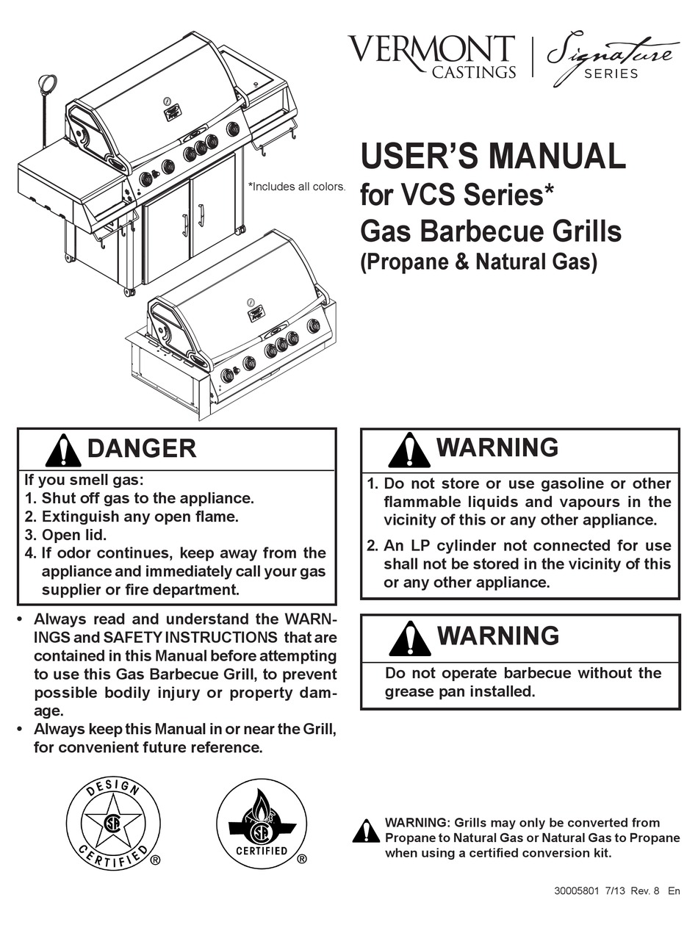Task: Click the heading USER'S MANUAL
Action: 492,156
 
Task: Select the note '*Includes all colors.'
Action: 297,187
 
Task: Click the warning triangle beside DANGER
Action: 63,450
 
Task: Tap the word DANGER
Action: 142,448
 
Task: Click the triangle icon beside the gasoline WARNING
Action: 409,450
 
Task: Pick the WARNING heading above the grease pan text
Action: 497,636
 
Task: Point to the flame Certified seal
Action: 262,823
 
